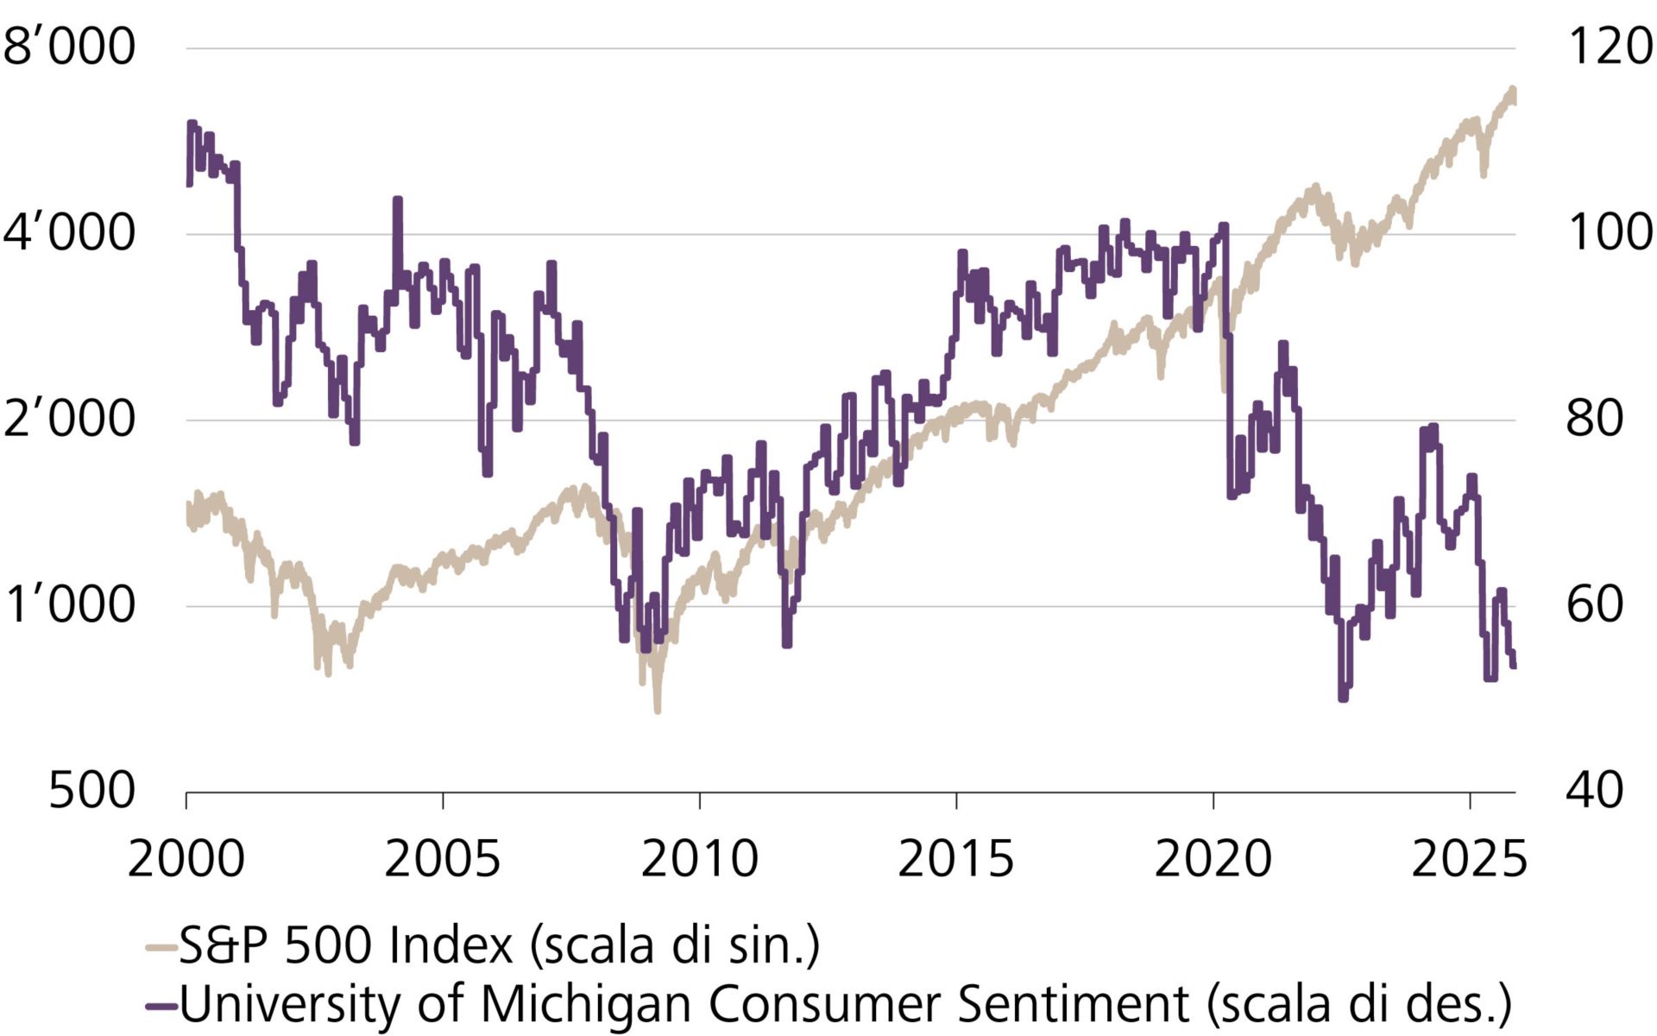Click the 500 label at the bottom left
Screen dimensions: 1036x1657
click(91, 790)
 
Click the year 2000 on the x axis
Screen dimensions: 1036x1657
click(186, 859)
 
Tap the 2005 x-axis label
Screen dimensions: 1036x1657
click(442, 859)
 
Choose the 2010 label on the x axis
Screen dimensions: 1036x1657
click(699, 859)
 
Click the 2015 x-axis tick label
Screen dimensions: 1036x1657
click(955, 859)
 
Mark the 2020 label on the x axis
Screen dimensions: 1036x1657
click(1213, 859)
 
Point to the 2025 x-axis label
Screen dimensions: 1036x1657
click(1469, 859)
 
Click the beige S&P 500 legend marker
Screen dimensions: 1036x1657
click(161, 948)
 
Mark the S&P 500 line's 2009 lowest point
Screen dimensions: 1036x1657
click(658, 710)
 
